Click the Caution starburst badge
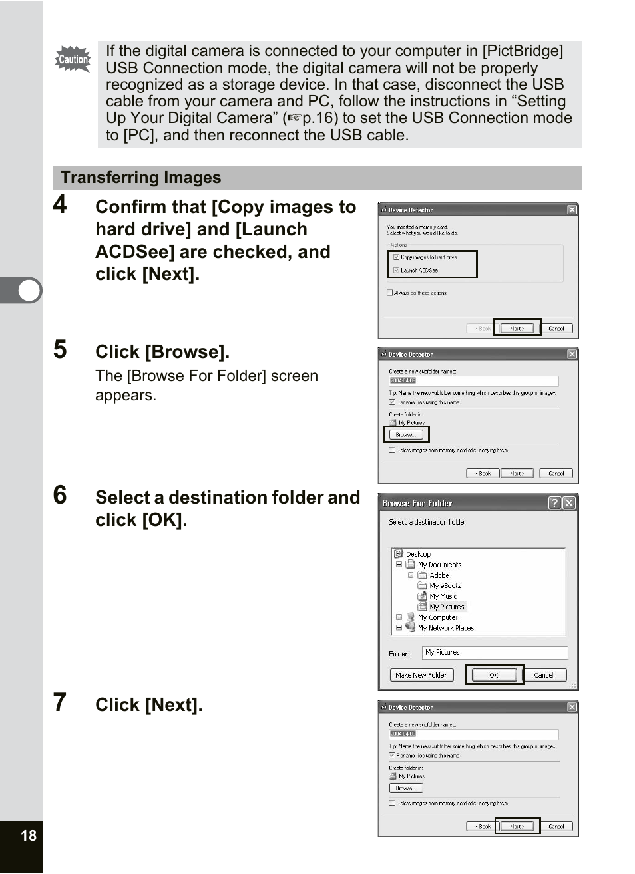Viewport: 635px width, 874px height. coord(73,59)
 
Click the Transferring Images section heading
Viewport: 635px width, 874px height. coord(140,178)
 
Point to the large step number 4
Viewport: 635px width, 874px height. coord(60,204)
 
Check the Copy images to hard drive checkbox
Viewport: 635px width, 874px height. coord(397,257)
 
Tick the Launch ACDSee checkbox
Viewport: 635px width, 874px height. coord(397,270)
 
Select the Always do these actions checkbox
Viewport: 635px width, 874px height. coord(390,293)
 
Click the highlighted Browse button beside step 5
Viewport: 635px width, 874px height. coord(406,434)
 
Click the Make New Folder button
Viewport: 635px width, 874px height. coord(421,675)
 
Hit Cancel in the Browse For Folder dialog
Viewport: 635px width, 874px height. coord(544,675)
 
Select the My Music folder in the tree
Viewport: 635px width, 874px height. coord(443,597)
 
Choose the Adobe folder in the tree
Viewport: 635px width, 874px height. coord(439,575)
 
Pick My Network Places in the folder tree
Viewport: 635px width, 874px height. coord(445,628)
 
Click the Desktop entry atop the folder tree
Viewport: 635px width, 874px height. coord(418,554)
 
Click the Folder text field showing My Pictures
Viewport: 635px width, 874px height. coord(495,653)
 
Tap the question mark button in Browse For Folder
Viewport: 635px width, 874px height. coord(554,503)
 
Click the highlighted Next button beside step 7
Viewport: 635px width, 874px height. coord(517,826)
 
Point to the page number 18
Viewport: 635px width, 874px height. coord(29,835)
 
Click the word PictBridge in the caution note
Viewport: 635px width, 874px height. coord(523,51)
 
